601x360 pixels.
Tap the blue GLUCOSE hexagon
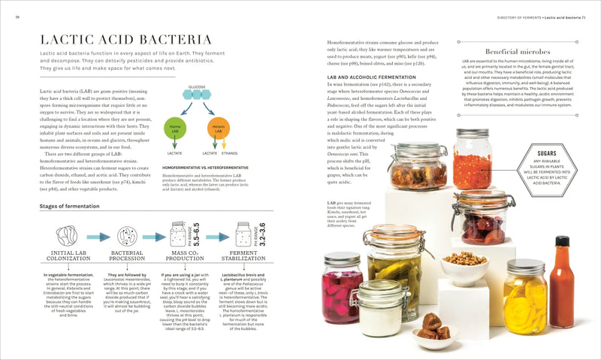tap(196, 95)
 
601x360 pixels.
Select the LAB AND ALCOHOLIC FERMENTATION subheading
tap(372, 77)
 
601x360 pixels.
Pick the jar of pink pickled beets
tap(342, 290)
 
